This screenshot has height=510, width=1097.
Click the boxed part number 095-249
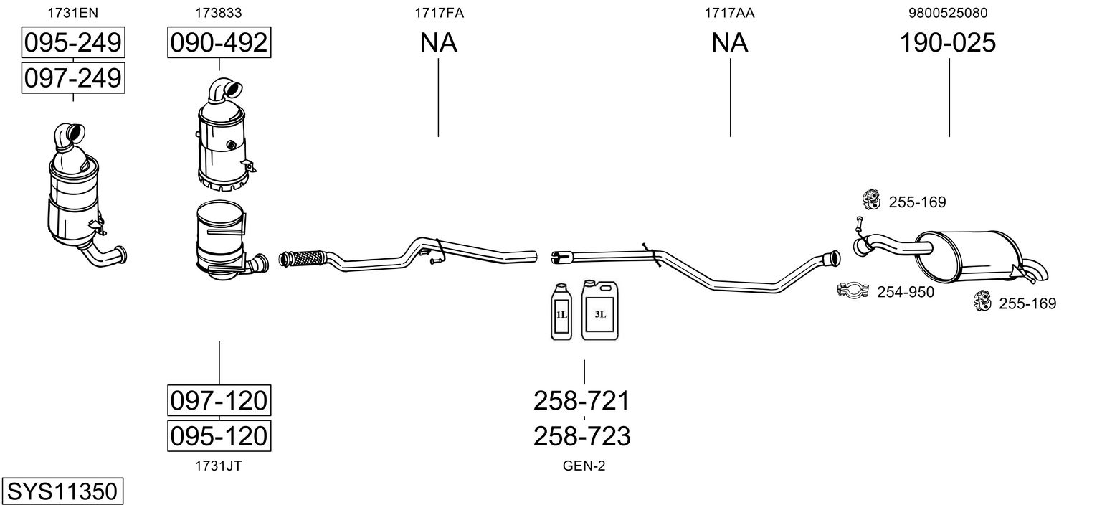click(72, 43)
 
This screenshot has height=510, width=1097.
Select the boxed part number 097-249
click(72, 77)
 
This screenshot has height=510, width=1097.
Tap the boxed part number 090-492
click(219, 43)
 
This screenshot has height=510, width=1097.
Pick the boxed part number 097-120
click(219, 400)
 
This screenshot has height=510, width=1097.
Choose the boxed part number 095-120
click(219, 435)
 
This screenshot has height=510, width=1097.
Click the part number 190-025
click(948, 43)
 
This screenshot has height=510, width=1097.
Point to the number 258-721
click(581, 401)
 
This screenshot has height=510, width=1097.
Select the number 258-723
click(581, 435)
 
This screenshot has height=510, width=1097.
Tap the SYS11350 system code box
click(62, 492)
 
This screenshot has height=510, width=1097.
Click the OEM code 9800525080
click(948, 13)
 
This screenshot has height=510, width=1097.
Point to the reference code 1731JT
click(218, 466)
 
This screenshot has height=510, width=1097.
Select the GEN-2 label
click(584, 466)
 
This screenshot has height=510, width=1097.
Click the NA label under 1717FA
click(438, 43)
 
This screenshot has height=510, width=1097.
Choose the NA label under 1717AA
click(729, 43)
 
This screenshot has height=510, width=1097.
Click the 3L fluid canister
click(599, 310)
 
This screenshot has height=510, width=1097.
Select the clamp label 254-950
click(905, 292)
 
